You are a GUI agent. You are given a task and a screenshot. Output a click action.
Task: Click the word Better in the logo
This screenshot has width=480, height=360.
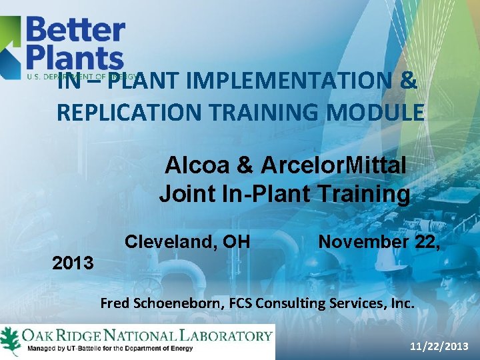[75, 30]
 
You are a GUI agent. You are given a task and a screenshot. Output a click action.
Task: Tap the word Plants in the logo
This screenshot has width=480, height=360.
[75, 58]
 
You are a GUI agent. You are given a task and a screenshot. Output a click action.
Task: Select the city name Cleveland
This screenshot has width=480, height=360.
[167, 241]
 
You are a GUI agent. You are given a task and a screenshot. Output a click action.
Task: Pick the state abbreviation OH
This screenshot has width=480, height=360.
[234, 241]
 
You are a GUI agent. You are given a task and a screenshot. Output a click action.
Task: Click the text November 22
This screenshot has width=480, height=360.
[377, 241]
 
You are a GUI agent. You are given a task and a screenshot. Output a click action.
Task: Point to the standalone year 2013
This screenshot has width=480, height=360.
[73, 263]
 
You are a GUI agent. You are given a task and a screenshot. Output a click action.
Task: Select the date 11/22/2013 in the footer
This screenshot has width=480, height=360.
[438, 347]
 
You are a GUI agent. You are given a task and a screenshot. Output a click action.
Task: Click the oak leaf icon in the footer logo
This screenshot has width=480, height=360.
[10, 339]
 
